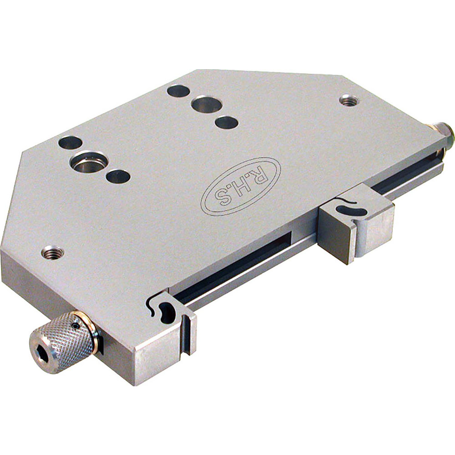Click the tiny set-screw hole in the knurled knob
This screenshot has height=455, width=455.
click(75, 327)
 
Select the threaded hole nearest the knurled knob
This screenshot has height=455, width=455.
click(52, 252)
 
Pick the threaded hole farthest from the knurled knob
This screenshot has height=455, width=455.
click(349, 100)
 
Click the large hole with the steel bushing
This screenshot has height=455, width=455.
click(89, 161)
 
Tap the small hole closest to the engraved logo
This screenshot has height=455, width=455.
click(226, 122)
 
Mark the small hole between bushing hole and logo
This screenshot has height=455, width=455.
click(118, 176)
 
